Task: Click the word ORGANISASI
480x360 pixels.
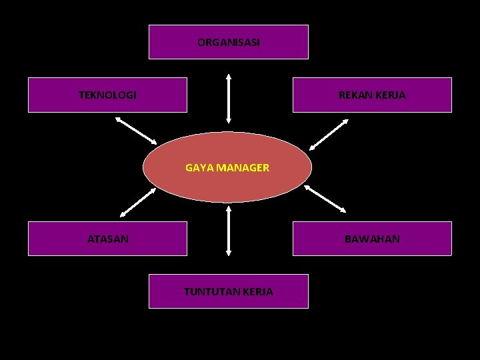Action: [229, 42]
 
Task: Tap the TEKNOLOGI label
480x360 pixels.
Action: [107, 95]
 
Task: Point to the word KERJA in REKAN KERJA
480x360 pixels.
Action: [391, 95]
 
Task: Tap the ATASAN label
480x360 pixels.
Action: [108, 238]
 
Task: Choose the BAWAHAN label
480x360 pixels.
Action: [372, 238]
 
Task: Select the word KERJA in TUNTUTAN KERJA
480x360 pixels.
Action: [259, 291]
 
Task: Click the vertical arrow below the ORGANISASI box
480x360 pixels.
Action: [229, 98]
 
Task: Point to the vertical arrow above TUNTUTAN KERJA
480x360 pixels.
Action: [229, 231]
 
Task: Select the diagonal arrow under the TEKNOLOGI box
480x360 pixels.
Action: [136, 130]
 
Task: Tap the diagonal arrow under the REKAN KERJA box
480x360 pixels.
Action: [329, 133]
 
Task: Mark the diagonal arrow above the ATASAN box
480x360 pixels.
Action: [138, 202]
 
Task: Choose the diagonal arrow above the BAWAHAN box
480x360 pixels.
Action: [325, 199]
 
